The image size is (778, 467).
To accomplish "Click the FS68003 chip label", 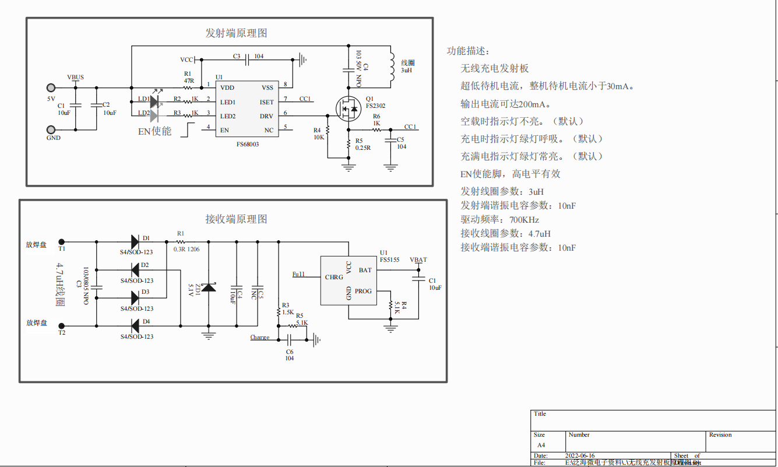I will (248, 143).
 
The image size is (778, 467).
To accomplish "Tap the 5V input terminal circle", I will (51, 88).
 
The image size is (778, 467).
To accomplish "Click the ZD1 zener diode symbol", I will (209, 287).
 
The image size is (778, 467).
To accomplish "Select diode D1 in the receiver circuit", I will (135, 241).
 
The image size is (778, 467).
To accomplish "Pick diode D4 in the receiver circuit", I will (135, 325).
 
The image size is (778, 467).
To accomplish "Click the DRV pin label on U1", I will (266, 116).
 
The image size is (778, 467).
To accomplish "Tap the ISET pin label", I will (266, 102).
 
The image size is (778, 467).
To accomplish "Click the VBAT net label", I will (418, 260).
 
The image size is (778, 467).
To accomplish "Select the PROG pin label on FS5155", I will (362, 291).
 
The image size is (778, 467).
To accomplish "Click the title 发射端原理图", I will (236, 33).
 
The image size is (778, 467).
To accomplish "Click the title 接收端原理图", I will (236, 219).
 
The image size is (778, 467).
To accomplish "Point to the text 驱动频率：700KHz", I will (499, 220).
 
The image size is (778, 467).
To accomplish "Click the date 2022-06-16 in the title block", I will (580, 456).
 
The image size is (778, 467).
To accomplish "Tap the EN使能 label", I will (154, 131).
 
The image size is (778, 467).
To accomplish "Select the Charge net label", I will (260, 337).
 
